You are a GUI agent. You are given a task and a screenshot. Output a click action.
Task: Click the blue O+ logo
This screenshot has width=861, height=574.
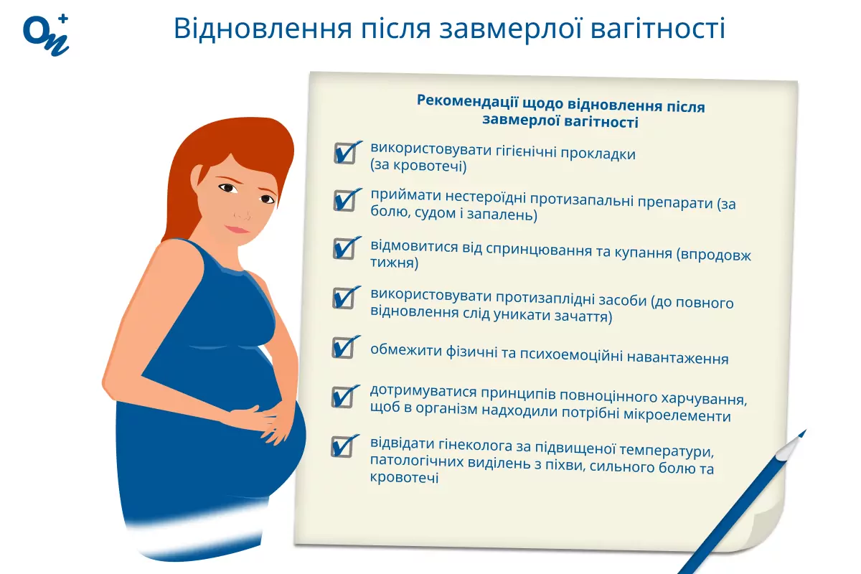pos(46,35)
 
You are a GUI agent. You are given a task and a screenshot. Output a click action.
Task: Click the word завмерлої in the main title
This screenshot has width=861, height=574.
pos(511,29)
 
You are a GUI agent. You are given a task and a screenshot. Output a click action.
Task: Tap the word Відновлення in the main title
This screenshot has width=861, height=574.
pos(263,29)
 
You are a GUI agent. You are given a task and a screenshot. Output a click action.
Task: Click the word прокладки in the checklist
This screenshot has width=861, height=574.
pos(598,154)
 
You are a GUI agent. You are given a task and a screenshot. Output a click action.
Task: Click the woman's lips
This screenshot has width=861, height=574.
pos(237,229)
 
